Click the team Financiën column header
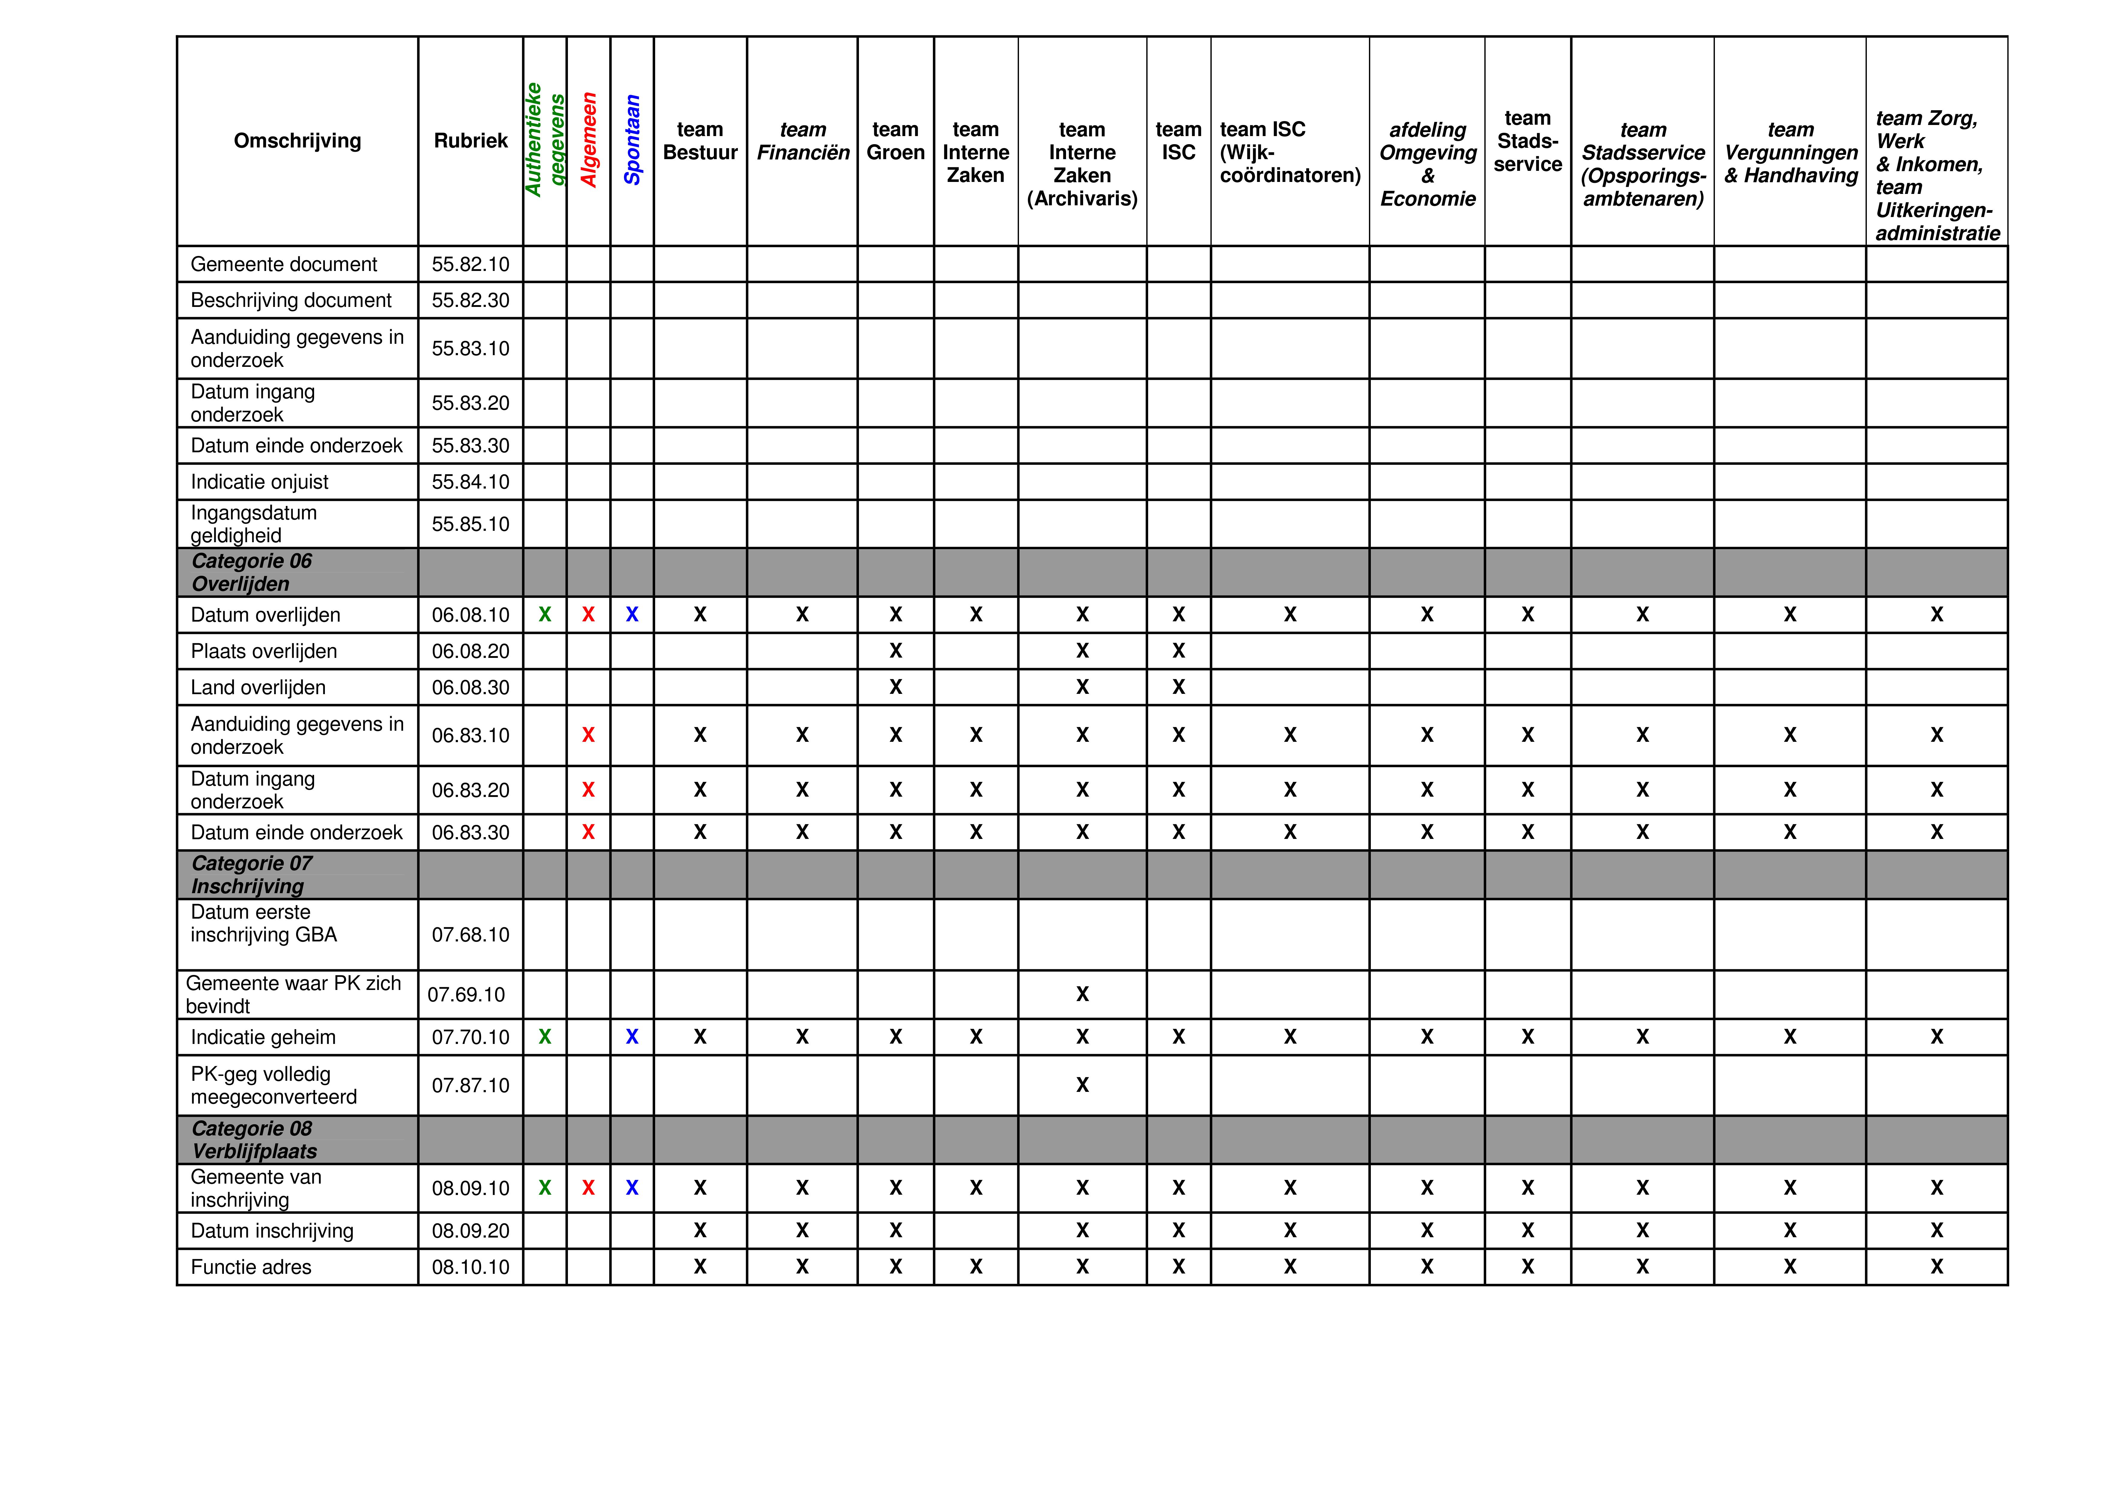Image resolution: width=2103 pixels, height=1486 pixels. (802, 141)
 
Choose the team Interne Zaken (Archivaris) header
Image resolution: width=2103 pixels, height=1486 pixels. (1082, 164)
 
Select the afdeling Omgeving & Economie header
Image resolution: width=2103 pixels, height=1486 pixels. (1427, 164)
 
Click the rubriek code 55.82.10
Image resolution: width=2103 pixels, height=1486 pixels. (470, 265)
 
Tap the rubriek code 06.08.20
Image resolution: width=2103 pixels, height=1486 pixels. (470, 651)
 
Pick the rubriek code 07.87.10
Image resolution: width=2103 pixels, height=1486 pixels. (470, 1086)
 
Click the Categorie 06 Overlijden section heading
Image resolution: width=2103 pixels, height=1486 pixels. (252, 572)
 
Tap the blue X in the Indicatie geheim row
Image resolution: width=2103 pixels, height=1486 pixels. (632, 1037)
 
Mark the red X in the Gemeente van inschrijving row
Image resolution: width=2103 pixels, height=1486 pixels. (588, 1188)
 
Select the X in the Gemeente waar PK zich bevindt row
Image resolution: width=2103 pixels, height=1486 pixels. (1082, 995)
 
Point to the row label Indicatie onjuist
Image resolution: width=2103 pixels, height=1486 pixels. (259, 482)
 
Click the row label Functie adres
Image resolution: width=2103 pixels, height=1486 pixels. (251, 1267)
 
